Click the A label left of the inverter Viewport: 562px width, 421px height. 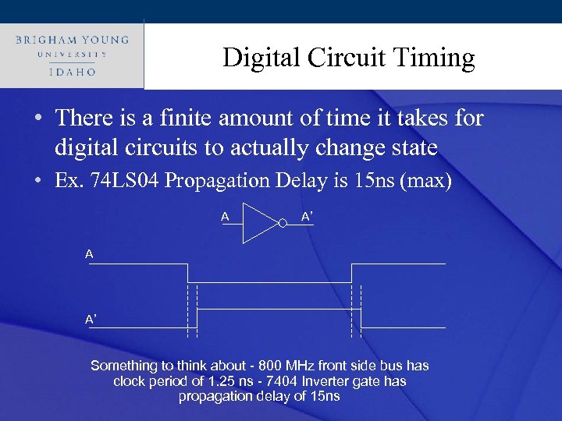coord(225,217)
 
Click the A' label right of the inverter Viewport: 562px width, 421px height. coord(308,217)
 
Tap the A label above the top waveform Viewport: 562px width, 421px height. coord(90,254)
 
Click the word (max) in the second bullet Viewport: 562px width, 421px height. coord(424,181)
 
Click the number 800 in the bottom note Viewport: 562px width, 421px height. coord(246,366)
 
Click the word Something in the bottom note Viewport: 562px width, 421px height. coord(124,366)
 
